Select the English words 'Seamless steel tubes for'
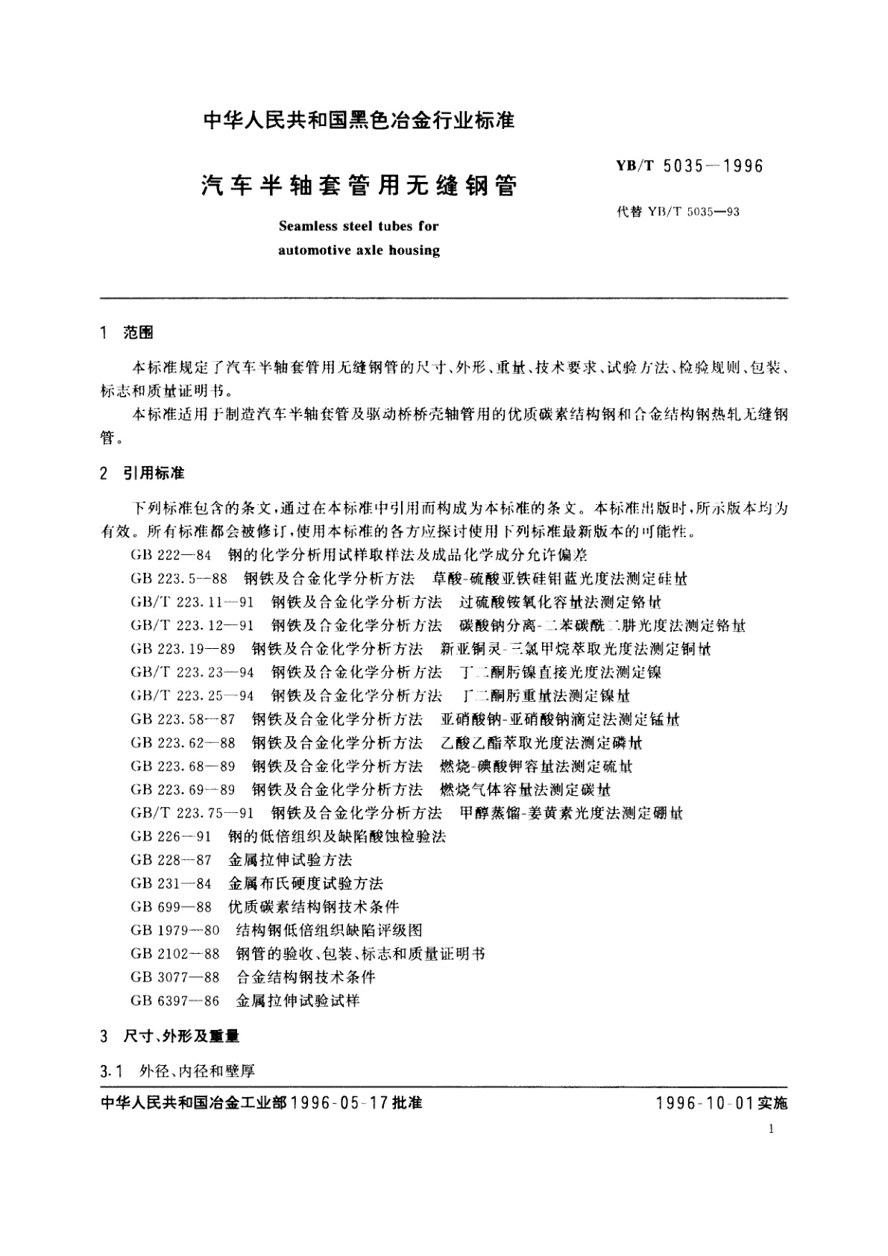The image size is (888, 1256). coord(359,225)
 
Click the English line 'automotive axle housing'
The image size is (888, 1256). coord(359,250)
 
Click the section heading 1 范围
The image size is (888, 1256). coord(127,333)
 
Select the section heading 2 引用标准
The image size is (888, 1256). coord(142,474)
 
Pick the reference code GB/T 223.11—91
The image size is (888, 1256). coord(192,602)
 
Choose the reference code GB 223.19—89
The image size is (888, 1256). coord(183,649)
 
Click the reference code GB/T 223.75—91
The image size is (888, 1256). coord(192,813)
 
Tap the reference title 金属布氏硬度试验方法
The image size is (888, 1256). coord(306,884)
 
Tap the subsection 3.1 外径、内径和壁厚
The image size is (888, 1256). coord(177,1071)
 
